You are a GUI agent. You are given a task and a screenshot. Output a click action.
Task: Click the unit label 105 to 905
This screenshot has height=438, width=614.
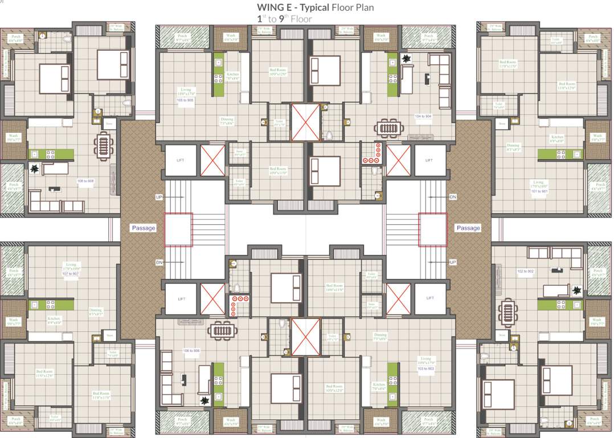[185, 100]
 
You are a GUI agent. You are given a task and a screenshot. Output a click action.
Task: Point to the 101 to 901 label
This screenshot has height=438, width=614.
[538, 192]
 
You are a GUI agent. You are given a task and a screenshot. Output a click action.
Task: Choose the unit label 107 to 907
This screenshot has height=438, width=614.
[71, 274]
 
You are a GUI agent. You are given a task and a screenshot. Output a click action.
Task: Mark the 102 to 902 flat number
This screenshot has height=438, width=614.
[525, 271]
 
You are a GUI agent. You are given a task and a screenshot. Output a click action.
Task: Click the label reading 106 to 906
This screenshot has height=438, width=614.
[192, 350]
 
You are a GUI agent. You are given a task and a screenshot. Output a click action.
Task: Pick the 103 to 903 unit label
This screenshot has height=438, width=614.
[425, 369]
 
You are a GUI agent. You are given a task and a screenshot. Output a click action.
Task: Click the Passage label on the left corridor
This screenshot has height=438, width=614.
[144, 228]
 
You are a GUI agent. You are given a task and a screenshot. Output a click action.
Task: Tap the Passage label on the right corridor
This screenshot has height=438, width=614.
[468, 228]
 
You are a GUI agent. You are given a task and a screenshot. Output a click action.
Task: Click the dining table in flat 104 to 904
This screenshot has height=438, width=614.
[388, 127]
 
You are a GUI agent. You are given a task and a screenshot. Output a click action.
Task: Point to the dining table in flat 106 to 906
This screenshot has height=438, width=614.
[220, 330]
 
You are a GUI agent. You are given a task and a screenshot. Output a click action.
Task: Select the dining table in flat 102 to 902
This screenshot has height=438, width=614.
[507, 312]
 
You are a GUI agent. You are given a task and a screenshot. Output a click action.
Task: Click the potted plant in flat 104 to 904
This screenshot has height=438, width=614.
[407, 58]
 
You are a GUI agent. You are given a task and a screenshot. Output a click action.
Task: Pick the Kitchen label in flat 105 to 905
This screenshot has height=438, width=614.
[232, 75]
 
